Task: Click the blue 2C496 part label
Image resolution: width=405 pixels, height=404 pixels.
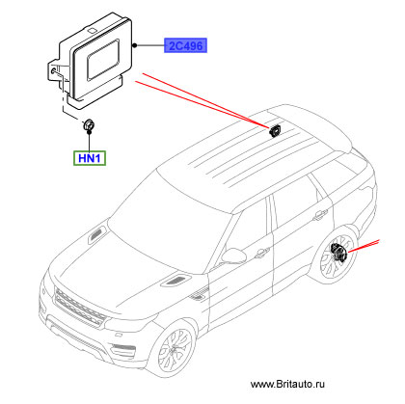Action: coord(185,45)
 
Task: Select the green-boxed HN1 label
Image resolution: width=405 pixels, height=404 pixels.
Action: coord(90,158)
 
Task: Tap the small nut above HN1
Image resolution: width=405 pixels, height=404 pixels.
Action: coord(89,124)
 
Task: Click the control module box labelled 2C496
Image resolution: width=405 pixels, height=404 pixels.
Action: coord(90,60)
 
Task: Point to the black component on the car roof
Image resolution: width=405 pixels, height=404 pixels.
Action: coord(274,130)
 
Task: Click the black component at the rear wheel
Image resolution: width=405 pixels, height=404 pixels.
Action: coord(338,253)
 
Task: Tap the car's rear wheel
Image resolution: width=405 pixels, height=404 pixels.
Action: coord(337,257)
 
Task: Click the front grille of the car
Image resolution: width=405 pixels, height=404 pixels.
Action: coord(80,308)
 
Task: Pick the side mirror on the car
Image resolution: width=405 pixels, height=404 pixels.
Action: coord(233,256)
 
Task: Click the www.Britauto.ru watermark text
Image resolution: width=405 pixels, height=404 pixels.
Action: coord(287,384)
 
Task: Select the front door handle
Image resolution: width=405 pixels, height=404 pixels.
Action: coord(262,253)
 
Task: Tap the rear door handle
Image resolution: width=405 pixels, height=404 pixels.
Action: coord(320,215)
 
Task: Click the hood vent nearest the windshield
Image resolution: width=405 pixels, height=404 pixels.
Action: coord(97,233)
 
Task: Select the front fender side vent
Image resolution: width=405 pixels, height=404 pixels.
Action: coord(199,296)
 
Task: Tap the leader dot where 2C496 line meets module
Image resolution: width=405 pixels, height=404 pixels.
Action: coord(135,45)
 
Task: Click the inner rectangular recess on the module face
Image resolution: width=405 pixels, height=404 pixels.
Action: coord(103,60)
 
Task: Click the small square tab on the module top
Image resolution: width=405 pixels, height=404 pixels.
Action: coord(92,31)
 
